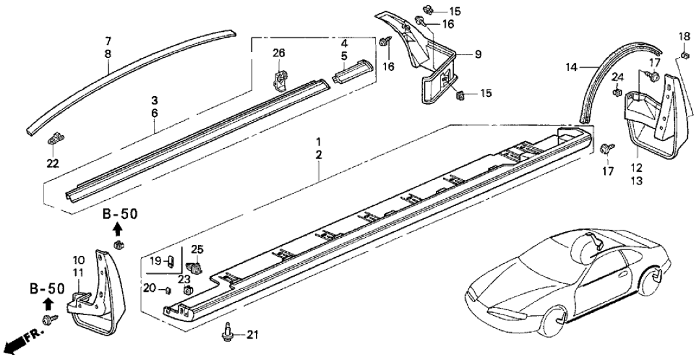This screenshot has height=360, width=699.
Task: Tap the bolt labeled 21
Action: pos(227,331)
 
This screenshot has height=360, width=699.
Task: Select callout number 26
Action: pos(279,53)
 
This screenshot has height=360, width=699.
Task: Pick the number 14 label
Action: pos(572,66)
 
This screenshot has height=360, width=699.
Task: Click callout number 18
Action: pos(685,35)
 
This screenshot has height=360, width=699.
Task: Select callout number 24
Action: pos(618,78)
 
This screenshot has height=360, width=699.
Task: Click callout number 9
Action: pos(477,55)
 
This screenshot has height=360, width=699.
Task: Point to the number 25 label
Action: pos(197,250)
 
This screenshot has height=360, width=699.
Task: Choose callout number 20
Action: pos(149,288)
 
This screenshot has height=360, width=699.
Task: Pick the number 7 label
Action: pos(108,40)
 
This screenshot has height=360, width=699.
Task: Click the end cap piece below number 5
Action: pos(353,68)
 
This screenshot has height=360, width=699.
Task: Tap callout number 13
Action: pos(637,181)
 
